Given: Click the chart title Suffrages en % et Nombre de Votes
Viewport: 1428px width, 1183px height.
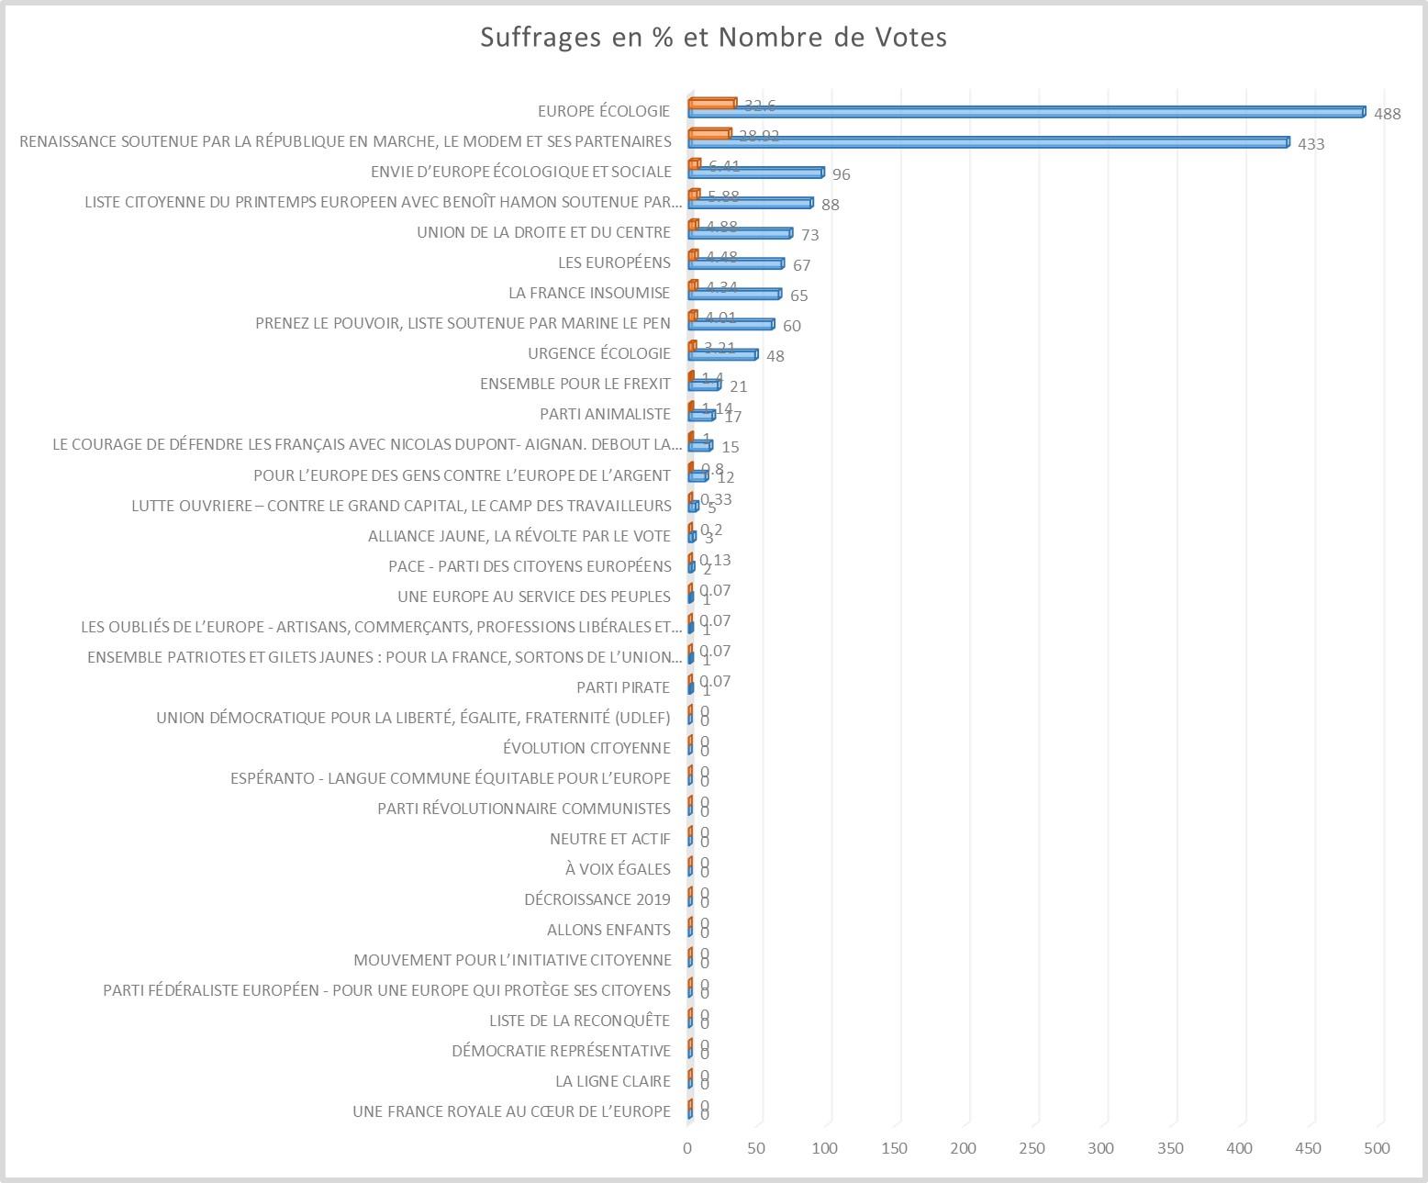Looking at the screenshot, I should [714, 38].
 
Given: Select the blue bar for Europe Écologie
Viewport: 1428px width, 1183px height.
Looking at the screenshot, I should [1026, 112].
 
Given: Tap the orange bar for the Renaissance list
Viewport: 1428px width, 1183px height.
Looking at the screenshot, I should [709, 134].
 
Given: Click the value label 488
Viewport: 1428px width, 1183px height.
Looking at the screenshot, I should [1387, 114].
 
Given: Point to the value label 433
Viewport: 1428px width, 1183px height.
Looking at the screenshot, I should [1311, 144].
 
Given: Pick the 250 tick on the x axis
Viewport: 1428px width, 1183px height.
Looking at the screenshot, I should [1032, 1148].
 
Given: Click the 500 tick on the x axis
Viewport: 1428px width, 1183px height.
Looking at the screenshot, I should [1378, 1148].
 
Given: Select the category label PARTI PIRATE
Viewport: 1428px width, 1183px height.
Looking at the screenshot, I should [623, 687].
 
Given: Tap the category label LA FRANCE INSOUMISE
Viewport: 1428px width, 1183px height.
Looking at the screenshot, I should [589, 293].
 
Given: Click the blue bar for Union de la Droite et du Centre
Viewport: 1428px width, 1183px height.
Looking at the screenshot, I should [740, 233].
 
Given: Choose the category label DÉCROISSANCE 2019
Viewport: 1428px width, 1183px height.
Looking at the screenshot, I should [597, 899].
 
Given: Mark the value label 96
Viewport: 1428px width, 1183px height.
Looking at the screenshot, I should [841, 174].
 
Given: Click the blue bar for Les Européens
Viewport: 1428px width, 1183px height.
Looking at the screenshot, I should [735, 263].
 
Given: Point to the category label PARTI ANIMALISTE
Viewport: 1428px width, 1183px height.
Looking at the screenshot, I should [605, 414].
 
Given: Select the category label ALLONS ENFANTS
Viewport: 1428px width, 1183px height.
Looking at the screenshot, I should [608, 930].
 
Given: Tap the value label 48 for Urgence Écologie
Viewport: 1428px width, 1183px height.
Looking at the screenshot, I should [775, 356].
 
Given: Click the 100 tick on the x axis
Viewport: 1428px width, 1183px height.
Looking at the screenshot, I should [825, 1148].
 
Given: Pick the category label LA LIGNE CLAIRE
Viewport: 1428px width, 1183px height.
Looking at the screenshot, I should [612, 1081].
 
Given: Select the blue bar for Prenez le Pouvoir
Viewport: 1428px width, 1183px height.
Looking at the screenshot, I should [731, 324].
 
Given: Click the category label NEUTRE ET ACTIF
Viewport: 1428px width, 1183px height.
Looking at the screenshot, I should [609, 839].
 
